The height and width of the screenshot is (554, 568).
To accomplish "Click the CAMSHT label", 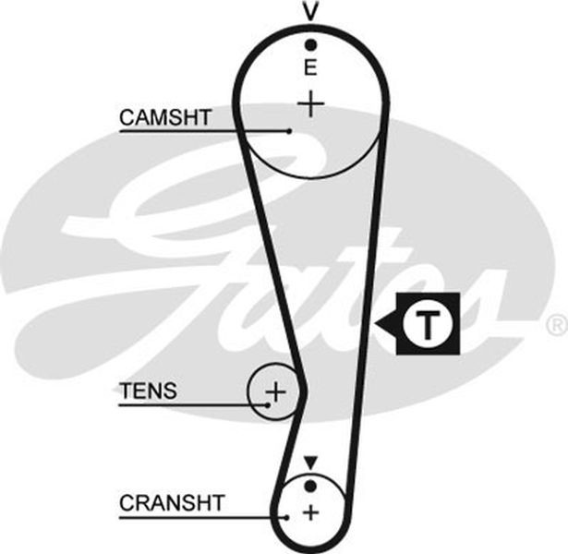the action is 165,117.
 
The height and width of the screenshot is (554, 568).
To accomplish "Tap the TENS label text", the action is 148,391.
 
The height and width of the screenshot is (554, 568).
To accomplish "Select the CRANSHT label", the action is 172,503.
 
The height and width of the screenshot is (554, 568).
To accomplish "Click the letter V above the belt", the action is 310,10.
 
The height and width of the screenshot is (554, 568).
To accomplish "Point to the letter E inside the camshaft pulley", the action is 310,67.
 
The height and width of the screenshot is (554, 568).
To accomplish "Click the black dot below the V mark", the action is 310,45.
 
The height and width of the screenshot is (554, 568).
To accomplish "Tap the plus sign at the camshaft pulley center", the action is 310,104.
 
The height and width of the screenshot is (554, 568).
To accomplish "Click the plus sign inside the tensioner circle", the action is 275,391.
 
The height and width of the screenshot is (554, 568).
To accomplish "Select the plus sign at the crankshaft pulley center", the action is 310,512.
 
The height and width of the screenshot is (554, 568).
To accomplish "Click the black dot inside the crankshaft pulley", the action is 310,487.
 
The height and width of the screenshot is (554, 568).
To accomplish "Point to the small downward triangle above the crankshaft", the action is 310,463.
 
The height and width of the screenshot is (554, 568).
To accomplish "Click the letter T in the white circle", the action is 429,324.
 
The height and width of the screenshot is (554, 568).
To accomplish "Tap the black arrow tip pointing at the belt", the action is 375,323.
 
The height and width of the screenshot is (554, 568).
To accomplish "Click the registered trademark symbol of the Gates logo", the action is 557,324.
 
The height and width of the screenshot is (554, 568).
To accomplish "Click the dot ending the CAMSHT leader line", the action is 289,131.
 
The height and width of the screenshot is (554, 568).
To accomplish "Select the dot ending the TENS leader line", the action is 268,404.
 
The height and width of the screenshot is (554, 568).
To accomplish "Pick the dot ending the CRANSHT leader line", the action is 287,517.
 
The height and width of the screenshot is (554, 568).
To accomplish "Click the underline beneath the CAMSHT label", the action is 204,131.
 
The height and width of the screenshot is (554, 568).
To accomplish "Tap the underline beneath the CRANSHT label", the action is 203,517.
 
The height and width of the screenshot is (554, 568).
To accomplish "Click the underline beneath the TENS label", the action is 193,404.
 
